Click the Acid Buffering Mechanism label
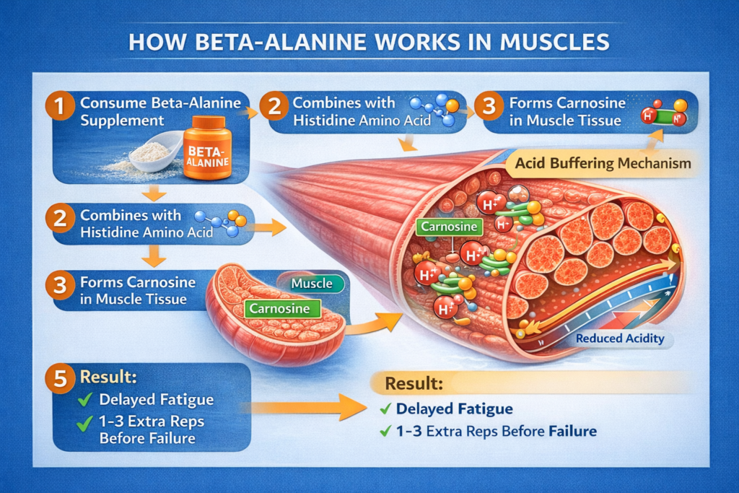pos(603,163)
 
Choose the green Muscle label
pos(312,284)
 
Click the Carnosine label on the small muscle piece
pos(283,309)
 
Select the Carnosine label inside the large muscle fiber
pos(448,227)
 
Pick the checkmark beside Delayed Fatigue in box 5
pos(84,399)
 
